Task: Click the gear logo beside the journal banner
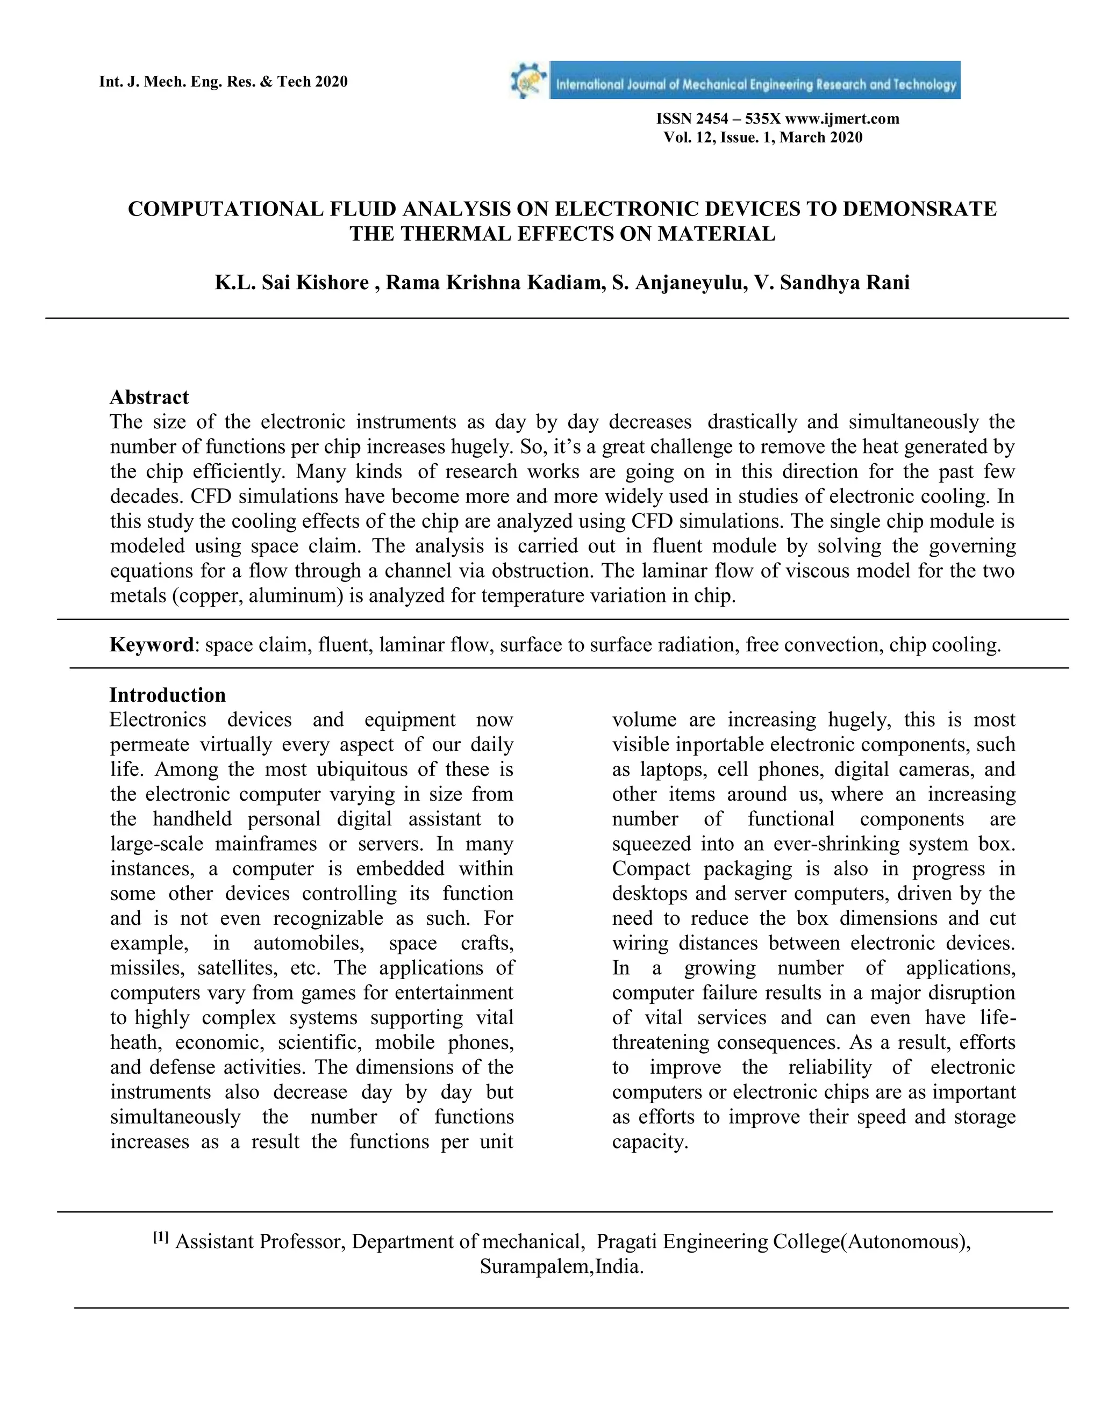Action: pyautogui.click(x=529, y=80)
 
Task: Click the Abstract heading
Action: pyautogui.click(x=149, y=397)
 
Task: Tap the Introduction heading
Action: pyautogui.click(x=168, y=695)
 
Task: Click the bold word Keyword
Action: pyautogui.click(x=151, y=645)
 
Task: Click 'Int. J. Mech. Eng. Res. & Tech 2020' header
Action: pyautogui.click(x=223, y=82)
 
